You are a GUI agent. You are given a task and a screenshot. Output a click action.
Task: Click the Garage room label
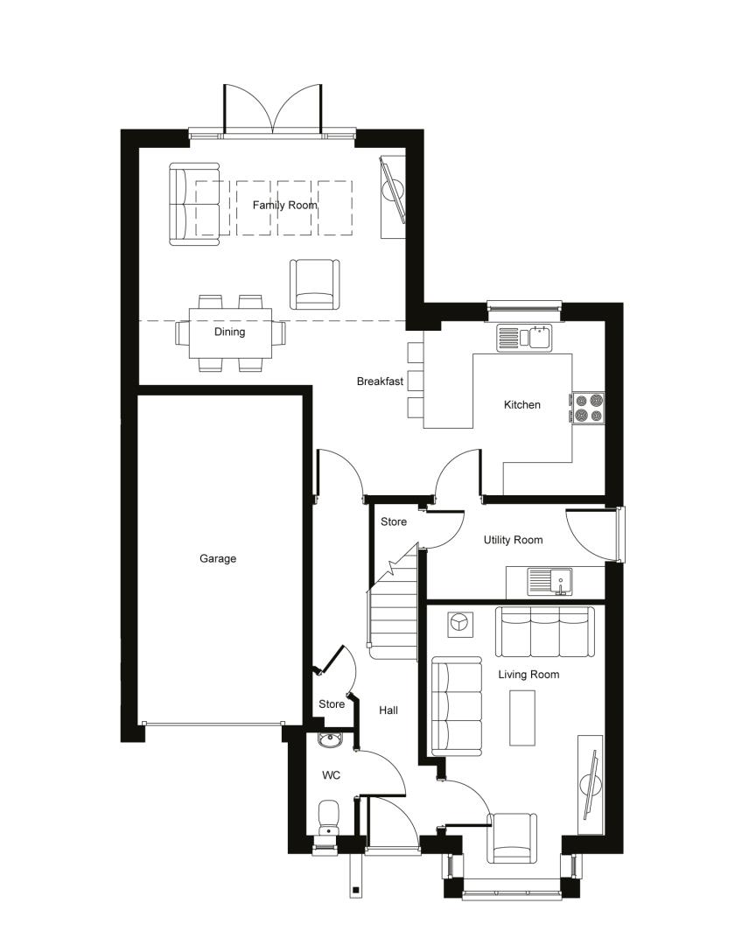pos(218,558)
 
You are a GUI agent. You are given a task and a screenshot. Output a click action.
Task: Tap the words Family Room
pos(284,206)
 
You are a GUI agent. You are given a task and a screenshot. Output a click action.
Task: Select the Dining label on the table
pos(230,332)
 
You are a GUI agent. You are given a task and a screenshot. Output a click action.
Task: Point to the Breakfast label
pos(380,381)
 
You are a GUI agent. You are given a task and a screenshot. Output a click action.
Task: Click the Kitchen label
pos(522,405)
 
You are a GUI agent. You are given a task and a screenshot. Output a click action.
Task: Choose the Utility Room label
pos(513,540)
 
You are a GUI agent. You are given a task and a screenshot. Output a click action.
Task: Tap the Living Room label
pos(528,675)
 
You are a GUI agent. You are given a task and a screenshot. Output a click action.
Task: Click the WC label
pos(331,775)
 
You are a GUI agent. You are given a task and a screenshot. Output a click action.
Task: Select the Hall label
pos(388,710)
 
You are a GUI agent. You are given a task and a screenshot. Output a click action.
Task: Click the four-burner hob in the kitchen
pos(588,408)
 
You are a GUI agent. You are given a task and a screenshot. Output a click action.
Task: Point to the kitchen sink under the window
pos(524,338)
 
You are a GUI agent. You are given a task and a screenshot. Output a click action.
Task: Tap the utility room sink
pos(550,582)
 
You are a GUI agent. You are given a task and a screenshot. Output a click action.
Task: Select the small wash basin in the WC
pos(330,740)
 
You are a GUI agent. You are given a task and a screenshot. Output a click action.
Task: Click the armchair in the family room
pos(315,283)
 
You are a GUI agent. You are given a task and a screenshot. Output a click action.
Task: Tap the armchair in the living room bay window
pos(512,837)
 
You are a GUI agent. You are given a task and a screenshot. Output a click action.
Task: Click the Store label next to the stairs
pos(394,521)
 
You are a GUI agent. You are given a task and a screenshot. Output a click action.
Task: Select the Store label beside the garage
pos(332,703)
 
